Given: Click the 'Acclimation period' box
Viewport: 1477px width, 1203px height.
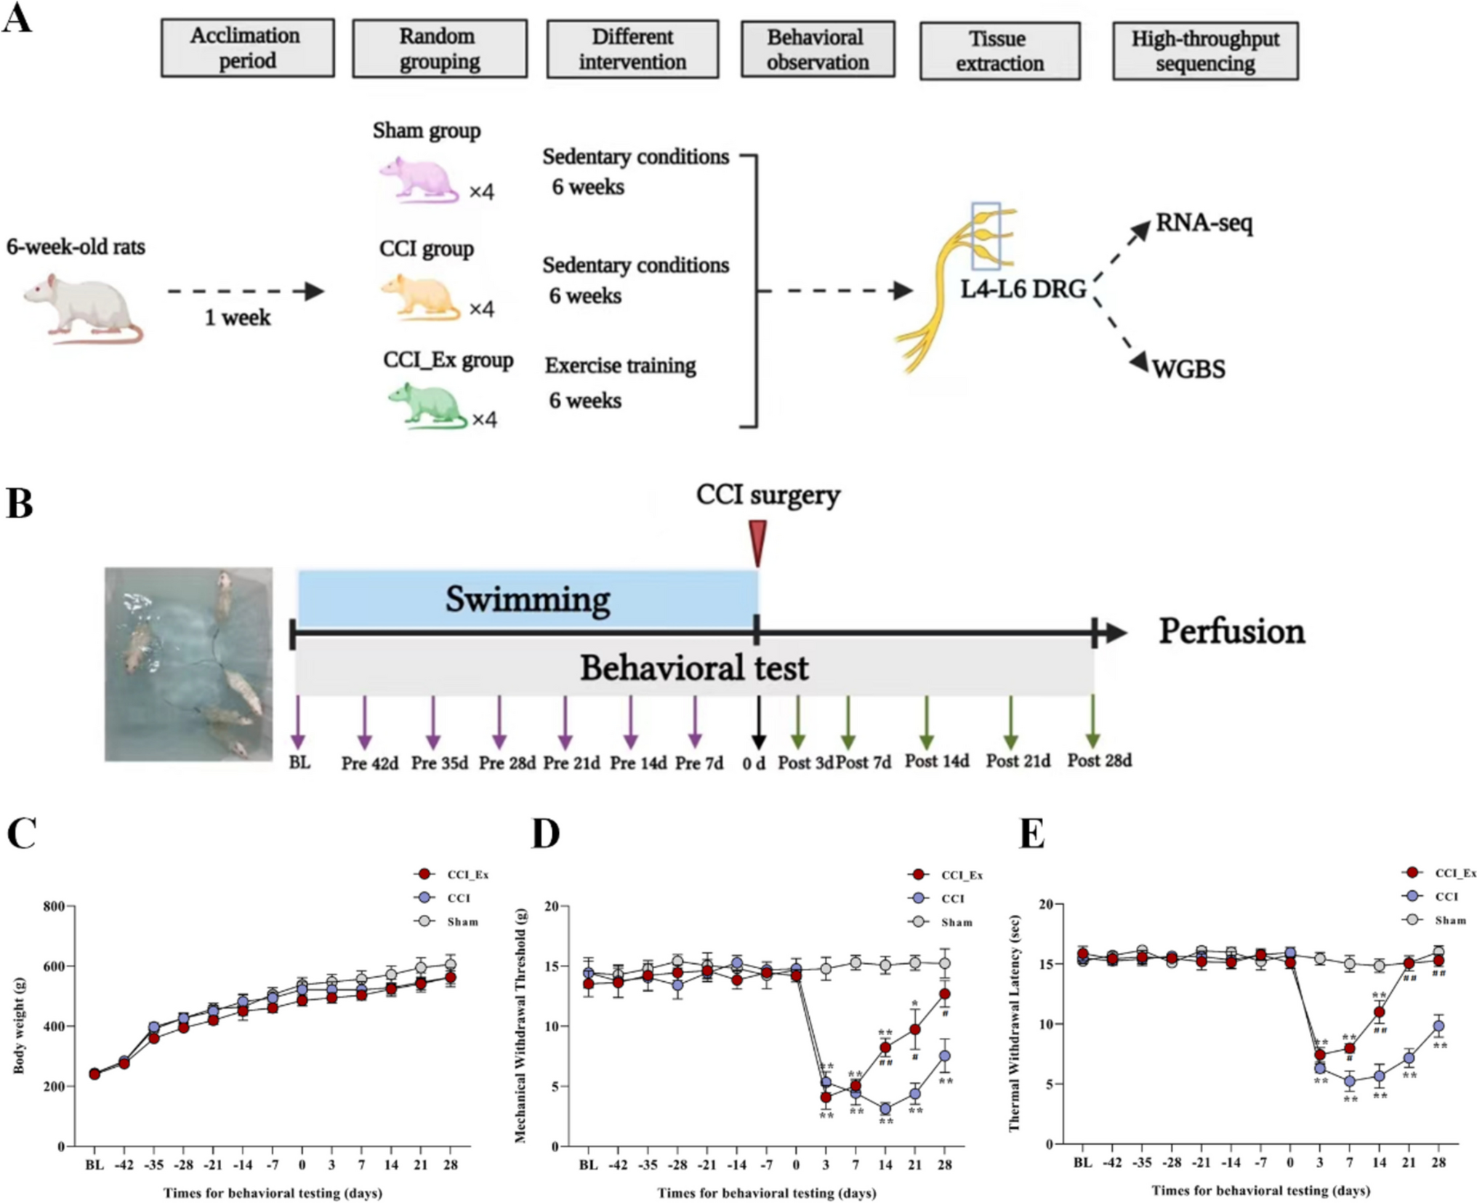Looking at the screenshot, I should point(247,48).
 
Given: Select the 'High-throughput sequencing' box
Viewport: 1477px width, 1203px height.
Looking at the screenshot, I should point(1204,51).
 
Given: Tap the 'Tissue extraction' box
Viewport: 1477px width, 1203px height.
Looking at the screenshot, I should point(999,51).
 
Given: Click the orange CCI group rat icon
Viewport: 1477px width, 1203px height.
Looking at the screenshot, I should point(420,297).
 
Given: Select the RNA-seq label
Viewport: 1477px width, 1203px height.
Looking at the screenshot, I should point(1204,223).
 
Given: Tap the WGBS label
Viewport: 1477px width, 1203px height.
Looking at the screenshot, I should point(1188,369).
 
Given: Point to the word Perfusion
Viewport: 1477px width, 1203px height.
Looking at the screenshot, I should point(1231,631).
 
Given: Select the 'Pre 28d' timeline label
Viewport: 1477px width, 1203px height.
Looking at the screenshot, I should point(507,764).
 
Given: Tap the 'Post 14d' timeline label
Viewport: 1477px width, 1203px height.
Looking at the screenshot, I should point(936,762).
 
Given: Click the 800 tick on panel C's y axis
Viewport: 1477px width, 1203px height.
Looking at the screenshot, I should point(54,906).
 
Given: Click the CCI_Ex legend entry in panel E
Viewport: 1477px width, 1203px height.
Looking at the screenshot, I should point(1440,873).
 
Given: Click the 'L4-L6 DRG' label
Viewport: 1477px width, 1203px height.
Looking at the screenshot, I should point(1023,289).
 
